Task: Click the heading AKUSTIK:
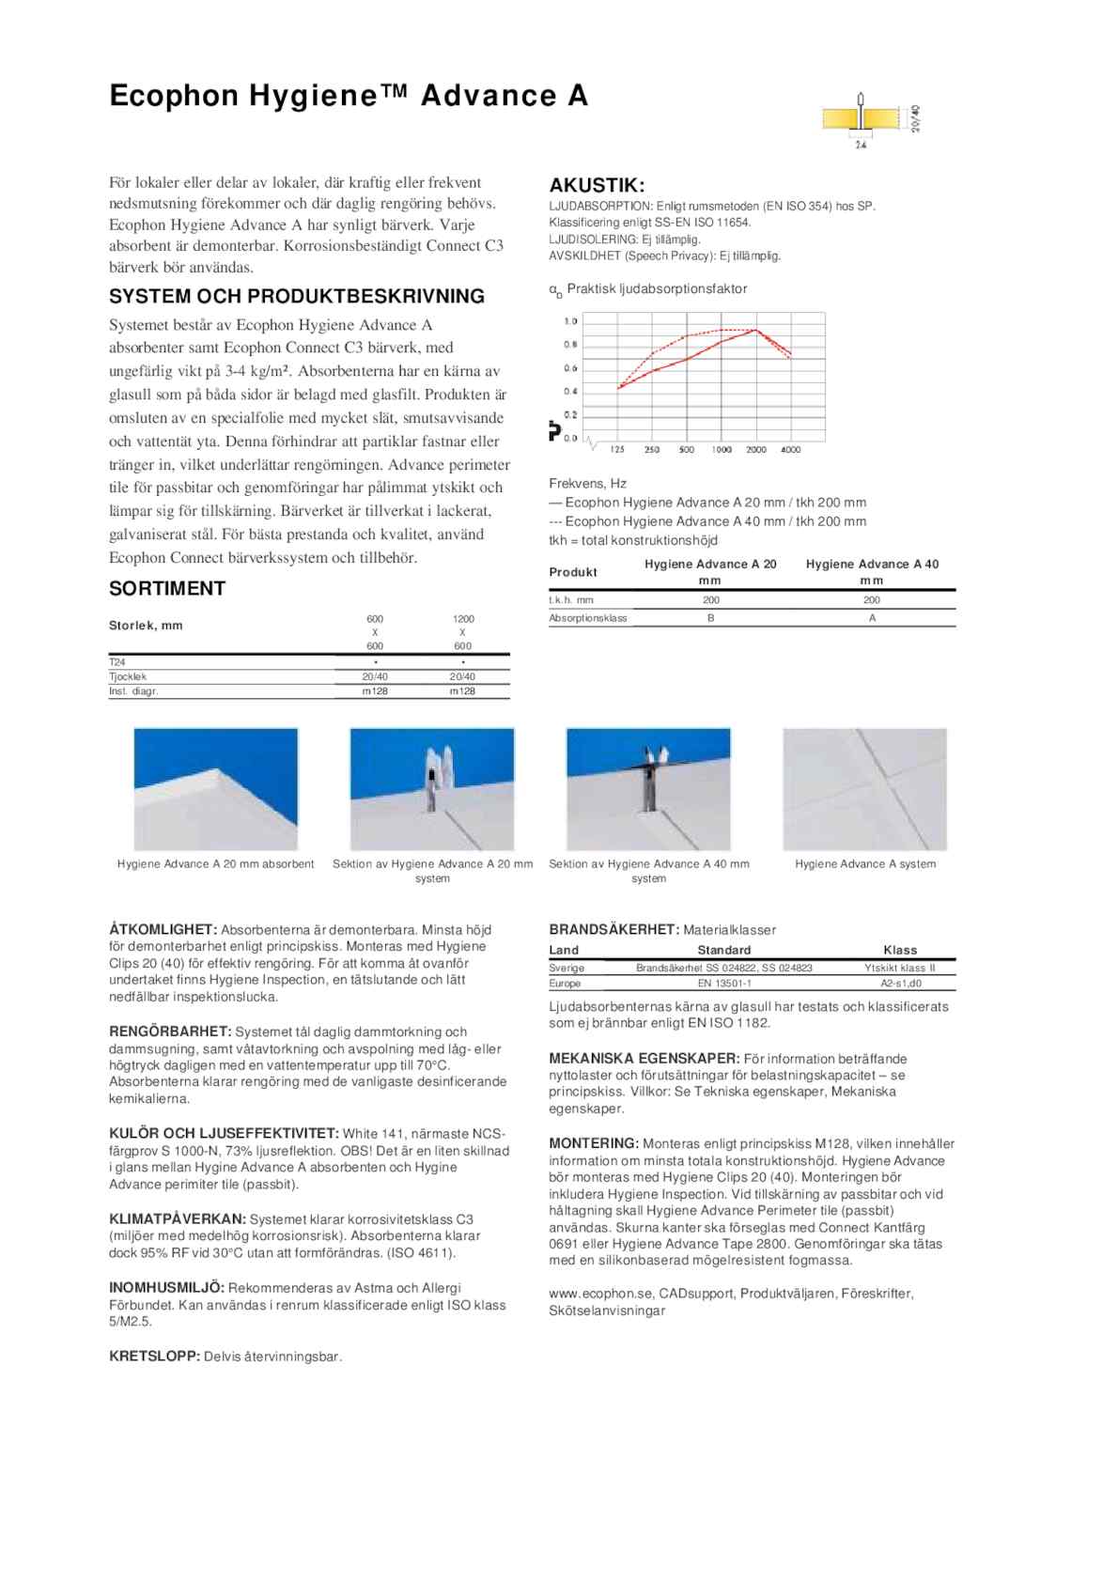coord(597,185)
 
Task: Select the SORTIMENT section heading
coord(167,588)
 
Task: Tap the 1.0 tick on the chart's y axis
coord(570,321)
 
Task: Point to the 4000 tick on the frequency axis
coord(791,450)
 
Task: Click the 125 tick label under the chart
coord(617,450)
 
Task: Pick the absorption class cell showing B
coord(711,618)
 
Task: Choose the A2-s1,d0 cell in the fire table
coord(900,984)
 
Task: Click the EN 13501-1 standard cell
coord(724,984)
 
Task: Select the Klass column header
coord(900,950)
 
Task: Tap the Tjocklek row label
coord(128,676)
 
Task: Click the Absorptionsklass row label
coord(588,618)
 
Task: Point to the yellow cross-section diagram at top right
coord(861,119)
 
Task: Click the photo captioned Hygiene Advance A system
coord(865,789)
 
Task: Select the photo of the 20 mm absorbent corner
coord(216,789)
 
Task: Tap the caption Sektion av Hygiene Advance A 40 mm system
coord(649,871)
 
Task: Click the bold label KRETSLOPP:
coord(154,1357)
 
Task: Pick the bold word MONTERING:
coord(594,1143)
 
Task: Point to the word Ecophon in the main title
coord(174,95)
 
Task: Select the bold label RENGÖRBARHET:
coord(170,1031)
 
